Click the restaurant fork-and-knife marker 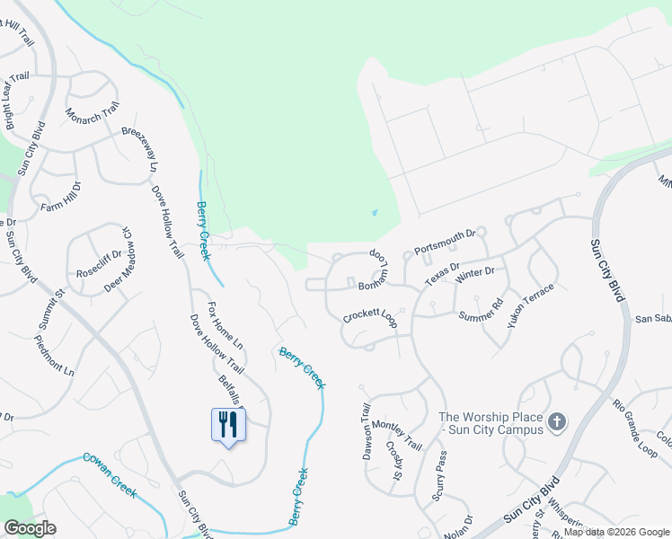pos(227,424)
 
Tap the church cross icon pos(557,421)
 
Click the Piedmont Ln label pos(54,354)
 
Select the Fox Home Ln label pos(225,325)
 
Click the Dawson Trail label pos(367,432)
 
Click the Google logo pos(30,528)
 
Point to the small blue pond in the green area pos(374,214)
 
